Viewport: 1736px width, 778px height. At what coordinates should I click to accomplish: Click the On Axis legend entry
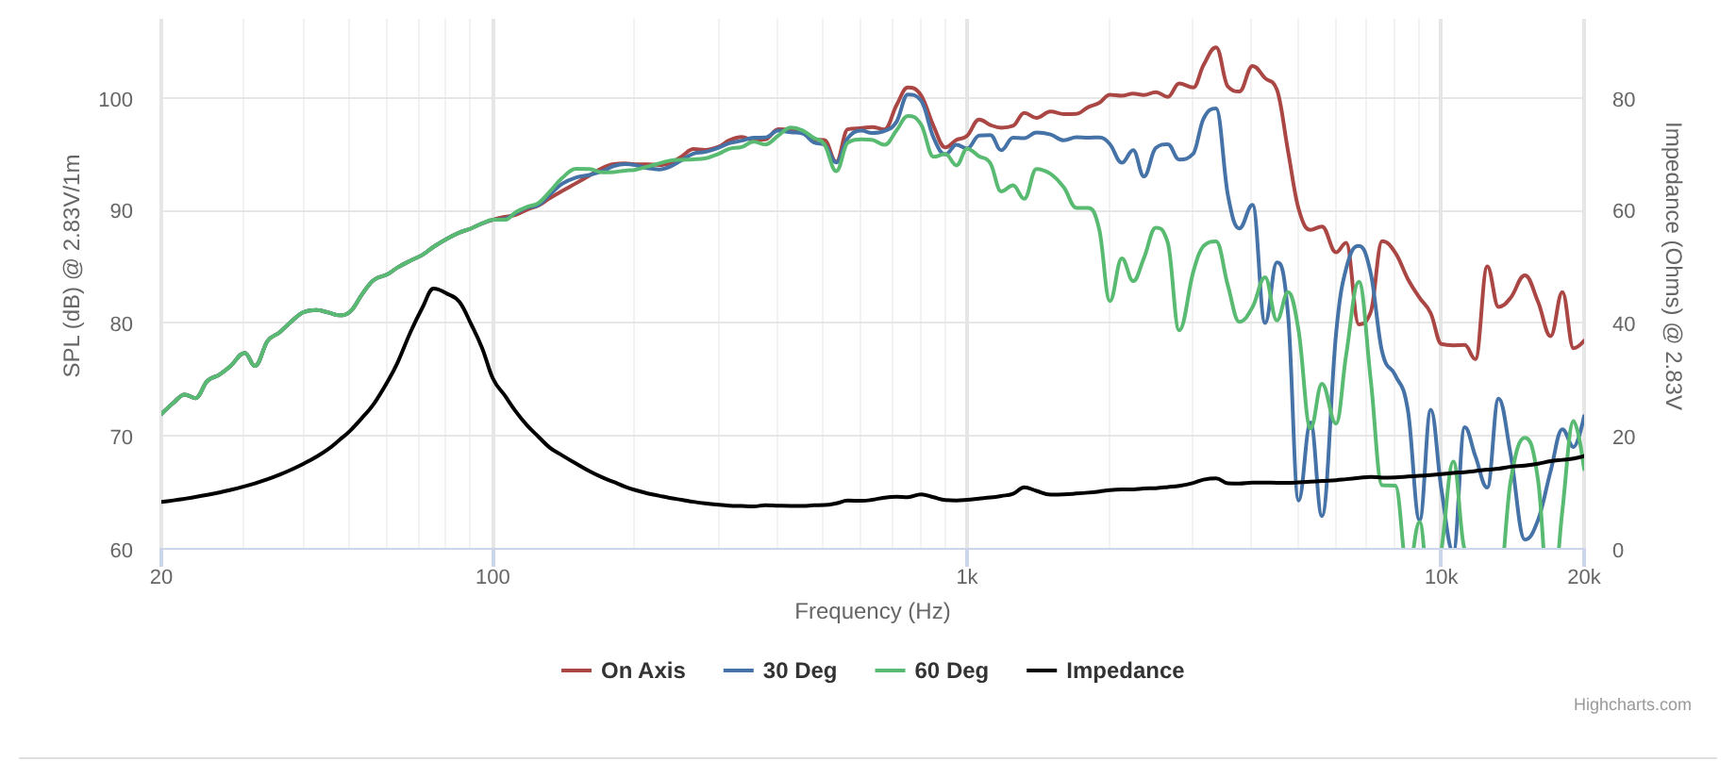click(624, 670)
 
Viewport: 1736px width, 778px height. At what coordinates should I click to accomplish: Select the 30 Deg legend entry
click(780, 670)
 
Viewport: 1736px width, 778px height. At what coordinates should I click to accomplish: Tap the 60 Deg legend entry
click(932, 670)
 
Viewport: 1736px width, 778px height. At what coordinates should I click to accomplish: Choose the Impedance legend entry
click(1106, 670)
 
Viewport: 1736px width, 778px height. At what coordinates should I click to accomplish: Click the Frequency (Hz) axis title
click(872, 611)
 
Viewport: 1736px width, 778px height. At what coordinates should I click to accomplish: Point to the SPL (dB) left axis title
click(72, 266)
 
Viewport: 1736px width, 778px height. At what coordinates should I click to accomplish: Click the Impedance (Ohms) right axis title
click(1673, 266)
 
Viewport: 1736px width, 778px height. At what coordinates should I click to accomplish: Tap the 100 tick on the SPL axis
click(115, 100)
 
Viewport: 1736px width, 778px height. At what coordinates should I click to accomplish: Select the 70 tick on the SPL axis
click(121, 438)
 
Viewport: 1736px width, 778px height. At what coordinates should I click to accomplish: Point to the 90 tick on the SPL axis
click(121, 211)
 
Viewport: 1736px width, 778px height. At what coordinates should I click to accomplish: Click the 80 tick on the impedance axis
click(1623, 100)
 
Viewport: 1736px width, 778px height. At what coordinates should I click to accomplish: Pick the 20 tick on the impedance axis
click(1623, 438)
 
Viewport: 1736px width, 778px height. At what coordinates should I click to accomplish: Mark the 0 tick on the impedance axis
click(1617, 551)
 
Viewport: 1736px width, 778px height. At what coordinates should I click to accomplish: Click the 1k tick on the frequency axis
click(967, 577)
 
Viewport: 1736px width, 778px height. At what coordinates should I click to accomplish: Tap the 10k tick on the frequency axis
click(1441, 577)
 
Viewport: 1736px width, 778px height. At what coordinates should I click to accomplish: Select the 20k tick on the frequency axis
click(1584, 577)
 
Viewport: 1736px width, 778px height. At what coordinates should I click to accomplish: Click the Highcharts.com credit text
click(1631, 704)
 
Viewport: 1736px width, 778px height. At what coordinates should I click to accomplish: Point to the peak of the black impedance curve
click(433, 289)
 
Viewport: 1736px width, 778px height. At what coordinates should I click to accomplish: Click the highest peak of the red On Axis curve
click(1215, 47)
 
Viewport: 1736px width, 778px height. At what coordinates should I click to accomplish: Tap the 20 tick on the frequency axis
click(161, 577)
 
